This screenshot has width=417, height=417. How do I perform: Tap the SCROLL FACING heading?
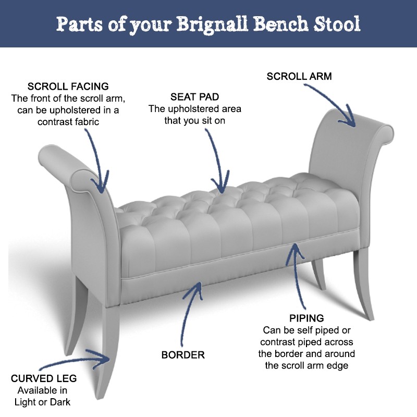68,87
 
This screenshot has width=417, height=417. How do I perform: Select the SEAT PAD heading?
194,97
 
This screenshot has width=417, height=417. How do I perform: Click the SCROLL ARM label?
299,77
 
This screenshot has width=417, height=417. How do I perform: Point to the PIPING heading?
306,318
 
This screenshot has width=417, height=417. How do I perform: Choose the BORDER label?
183,355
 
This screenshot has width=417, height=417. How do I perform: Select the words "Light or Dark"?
44,402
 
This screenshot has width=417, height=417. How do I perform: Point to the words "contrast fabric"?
68,121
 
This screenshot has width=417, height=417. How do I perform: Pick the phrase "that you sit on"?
195,121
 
